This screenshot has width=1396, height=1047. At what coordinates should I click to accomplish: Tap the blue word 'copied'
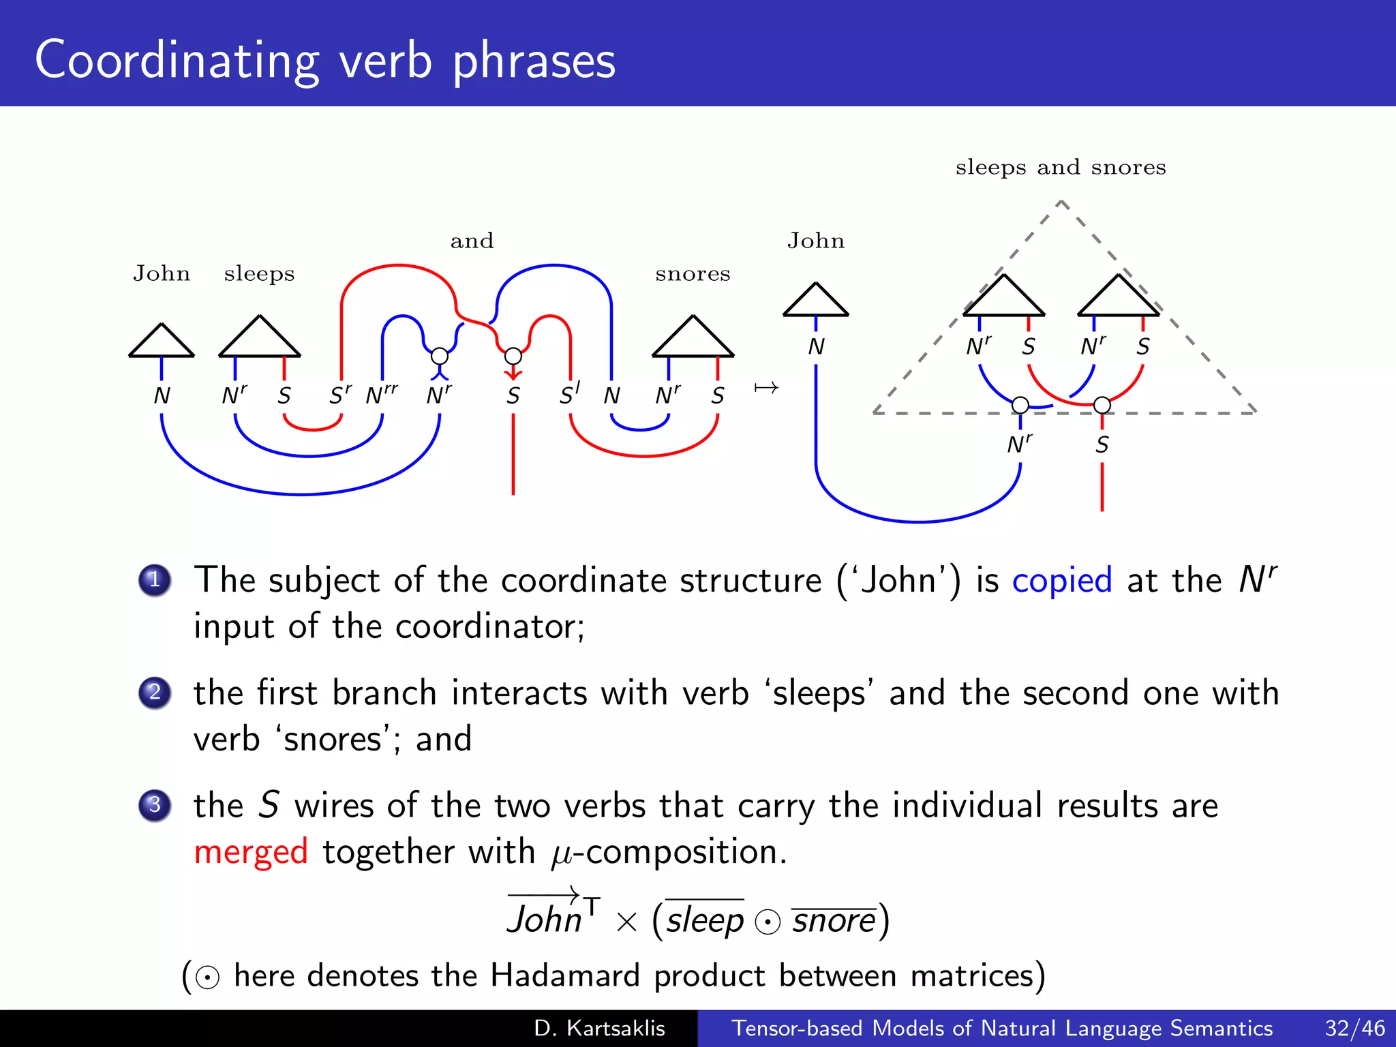tap(1061, 581)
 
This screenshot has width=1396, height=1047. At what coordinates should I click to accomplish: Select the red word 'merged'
tap(251, 852)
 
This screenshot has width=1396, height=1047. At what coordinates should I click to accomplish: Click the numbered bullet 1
tap(155, 580)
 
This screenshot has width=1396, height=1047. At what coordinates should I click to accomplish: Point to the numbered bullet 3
tap(155, 805)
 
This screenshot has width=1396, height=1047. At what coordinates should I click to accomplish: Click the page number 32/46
tap(1354, 1028)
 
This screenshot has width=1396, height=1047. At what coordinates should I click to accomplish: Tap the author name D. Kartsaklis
tap(599, 1028)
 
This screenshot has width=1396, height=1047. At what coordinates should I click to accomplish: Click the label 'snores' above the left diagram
tap(693, 274)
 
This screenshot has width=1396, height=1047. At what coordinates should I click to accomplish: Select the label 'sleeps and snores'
tap(1061, 168)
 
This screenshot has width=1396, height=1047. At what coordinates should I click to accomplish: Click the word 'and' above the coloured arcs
tap(472, 241)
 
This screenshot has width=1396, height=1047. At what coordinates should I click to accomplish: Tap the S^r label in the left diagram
tap(340, 395)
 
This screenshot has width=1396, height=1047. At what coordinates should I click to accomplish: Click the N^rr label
tap(381, 395)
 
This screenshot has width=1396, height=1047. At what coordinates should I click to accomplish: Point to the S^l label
tap(570, 394)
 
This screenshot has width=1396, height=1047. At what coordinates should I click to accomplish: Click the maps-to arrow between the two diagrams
tap(766, 389)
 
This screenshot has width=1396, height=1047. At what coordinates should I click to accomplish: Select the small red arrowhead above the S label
tap(513, 374)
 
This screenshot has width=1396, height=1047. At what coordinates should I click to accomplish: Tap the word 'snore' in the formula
tap(833, 921)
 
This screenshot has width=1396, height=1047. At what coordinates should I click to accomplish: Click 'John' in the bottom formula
tap(545, 919)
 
